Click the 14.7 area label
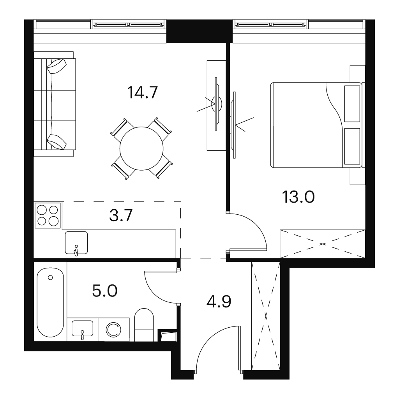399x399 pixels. click(x=143, y=92)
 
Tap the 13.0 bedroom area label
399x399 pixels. click(x=298, y=197)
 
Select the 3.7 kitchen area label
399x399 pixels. click(x=121, y=215)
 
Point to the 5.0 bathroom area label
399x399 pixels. click(x=104, y=291)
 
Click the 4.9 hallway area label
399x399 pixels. click(x=219, y=302)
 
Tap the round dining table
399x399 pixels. click(x=141, y=148)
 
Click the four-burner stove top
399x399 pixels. click(x=48, y=215)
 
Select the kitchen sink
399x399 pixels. click(x=76, y=242)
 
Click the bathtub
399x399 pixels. click(x=50, y=302)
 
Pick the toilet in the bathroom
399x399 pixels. click(x=144, y=325)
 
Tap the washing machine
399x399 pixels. click(x=113, y=329)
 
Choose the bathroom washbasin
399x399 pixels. click(x=82, y=329)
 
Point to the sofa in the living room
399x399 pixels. click(x=55, y=104)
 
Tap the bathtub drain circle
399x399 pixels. click(x=50, y=277)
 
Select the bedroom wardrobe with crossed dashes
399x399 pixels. click(x=322, y=244)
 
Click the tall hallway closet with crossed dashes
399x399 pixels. click(x=266, y=315)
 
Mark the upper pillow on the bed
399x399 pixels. click(x=352, y=104)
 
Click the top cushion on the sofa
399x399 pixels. click(x=56, y=66)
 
